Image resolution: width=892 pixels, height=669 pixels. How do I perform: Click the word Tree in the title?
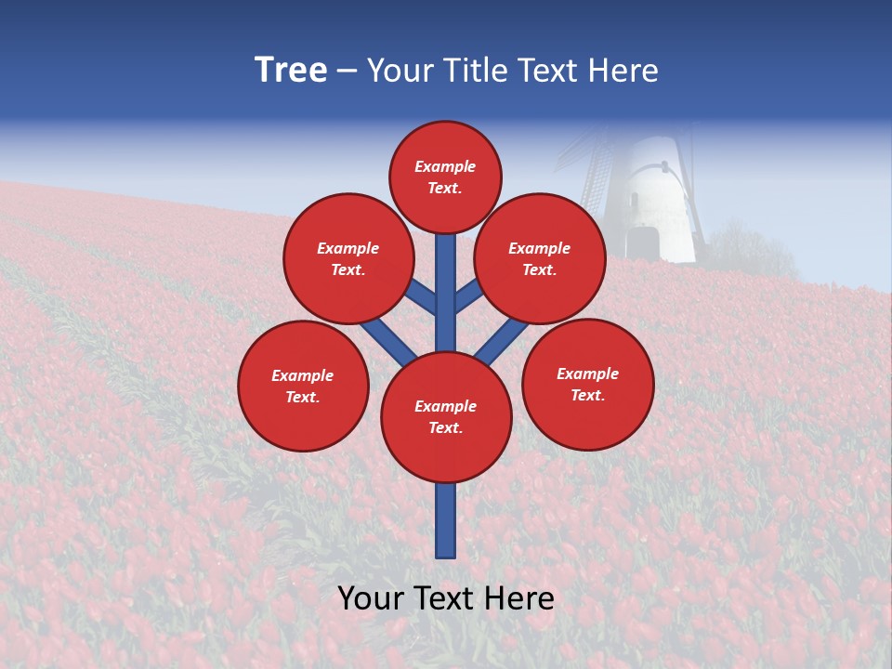click(291, 70)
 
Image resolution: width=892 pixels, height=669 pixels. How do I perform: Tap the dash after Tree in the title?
click(347, 71)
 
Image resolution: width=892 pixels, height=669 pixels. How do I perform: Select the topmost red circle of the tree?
click(445, 177)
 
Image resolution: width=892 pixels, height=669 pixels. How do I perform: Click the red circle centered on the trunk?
click(446, 417)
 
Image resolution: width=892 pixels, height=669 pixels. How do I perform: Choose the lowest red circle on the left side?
click(303, 386)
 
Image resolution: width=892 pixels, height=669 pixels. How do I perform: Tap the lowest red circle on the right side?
click(587, 384)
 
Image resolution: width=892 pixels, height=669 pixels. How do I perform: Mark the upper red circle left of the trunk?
click(348, 258)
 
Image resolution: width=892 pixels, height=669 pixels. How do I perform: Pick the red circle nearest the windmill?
click(540, 258)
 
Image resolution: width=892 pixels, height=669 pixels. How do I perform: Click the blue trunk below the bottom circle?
click(446, 520)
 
